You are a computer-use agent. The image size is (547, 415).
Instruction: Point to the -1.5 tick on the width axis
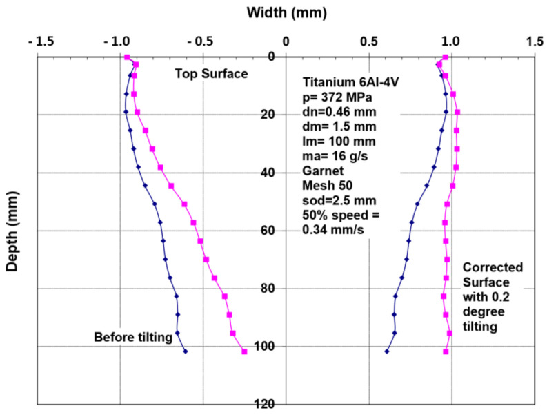pos(36,41)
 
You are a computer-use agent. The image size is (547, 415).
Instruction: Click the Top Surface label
pos(210,73)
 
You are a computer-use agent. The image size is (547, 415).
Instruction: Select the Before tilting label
pos(132,336)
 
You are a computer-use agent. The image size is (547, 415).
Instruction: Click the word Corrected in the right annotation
pos(493,267)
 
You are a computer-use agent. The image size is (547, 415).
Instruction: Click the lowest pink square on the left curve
pos(244,351)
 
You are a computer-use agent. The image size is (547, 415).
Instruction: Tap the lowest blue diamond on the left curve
pos(186,351)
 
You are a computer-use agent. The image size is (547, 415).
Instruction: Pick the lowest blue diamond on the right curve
pos(386,351)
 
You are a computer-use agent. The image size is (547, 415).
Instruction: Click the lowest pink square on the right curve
pos(446,351)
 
